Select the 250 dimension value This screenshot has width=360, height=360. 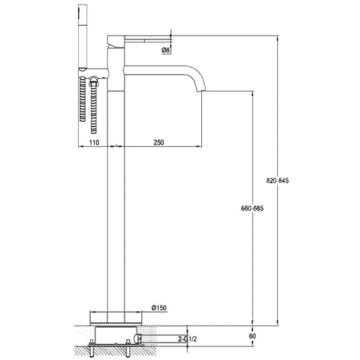[x=159, y=143]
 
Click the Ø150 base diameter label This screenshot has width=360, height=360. [x=159, y=308]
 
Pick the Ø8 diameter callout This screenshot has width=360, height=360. [x=166, y=50]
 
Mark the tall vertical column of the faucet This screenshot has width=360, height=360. [x=116, y=202]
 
